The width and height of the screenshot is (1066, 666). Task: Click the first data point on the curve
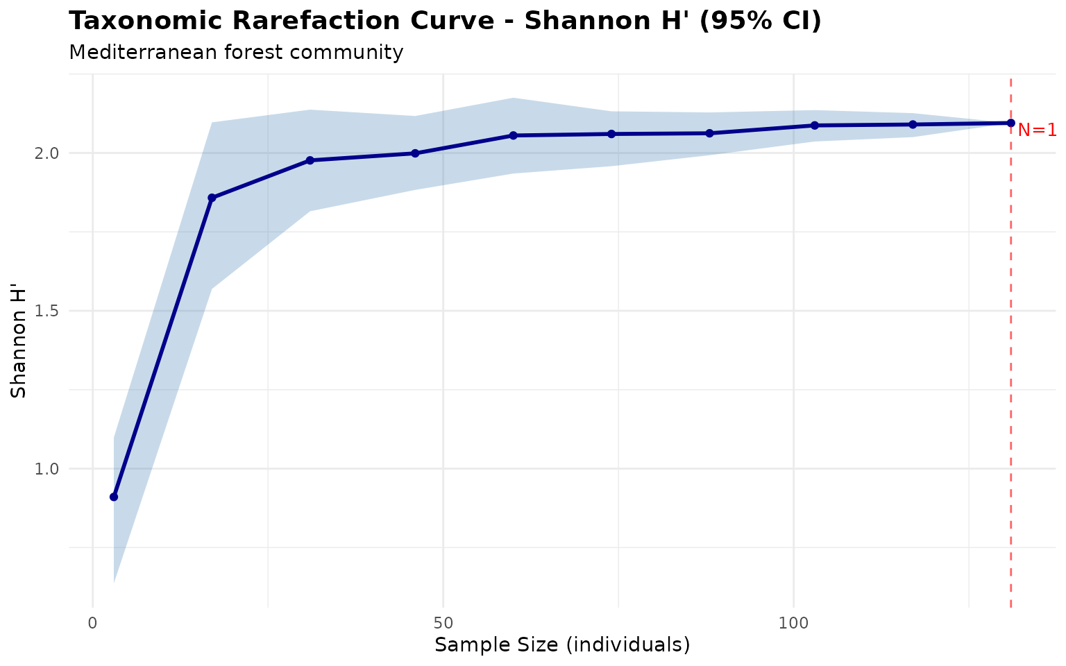[x=114, y=497]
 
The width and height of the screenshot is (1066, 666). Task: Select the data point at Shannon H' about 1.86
[x=212, y=198]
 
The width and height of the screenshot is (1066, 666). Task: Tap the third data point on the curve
[x=310, y=160]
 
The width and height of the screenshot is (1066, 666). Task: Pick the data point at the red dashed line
[x=1010, y=123]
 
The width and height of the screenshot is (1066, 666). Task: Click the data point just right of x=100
[x=815, y=126]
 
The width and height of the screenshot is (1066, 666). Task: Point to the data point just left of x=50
[x=415, y=153]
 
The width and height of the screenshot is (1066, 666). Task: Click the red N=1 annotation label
[x=1037, y=130]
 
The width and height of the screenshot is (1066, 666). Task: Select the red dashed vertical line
[x=1010, y=347]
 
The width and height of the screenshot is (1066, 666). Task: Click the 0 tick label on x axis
[x=93, y=622]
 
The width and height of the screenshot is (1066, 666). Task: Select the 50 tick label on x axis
[x=443, y=622]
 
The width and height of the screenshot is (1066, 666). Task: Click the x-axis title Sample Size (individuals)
[x=562, y=645]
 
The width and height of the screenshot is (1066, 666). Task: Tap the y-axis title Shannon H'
[x=19, y=353]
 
